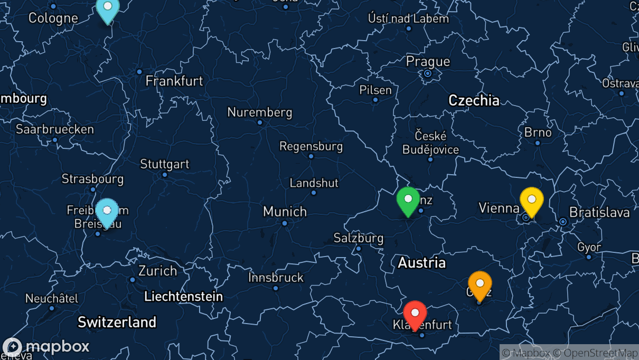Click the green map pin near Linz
[x=408, y=201]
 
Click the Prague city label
[x=428, y=62]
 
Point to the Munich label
[x=285, y=212]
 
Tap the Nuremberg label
[x=259, y=112]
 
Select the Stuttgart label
[x=164, y=164]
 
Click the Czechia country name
[x=474, y=100]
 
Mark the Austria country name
[x=421, y=262]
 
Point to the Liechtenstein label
[x=183, y=297]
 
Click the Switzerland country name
[x=117, y=322]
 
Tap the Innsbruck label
[x=276, y=278]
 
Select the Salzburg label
[x=359, y=238]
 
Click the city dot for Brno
[x=538, y=143]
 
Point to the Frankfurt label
[x=174, y=81]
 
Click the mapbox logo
[x=46, y=347]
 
